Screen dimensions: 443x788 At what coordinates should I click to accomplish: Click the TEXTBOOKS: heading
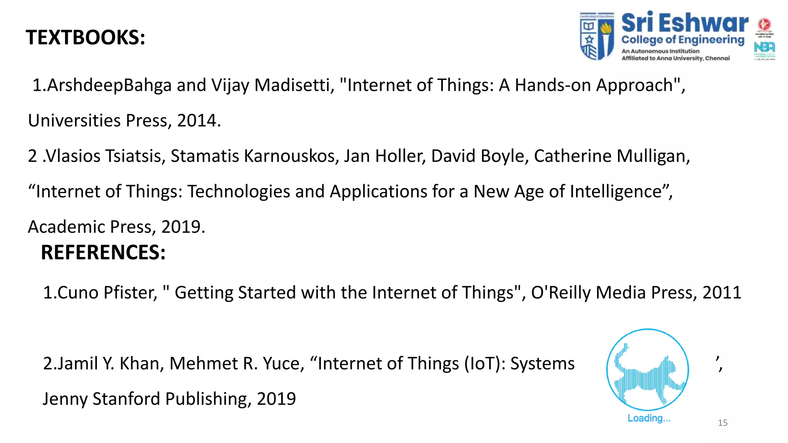[85, 38]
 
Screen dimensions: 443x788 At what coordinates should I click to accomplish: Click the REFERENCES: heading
[103, 253]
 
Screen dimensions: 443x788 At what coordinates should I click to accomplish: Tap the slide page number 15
[723, 423]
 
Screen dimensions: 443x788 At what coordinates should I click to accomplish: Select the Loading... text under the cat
[649, 418]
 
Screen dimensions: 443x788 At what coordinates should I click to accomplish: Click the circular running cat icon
[648, 370]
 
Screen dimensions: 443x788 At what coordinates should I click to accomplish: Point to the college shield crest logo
[597, 36]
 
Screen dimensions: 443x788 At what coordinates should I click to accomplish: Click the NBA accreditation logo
[764, 48]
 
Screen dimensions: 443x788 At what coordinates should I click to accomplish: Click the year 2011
[722, 293]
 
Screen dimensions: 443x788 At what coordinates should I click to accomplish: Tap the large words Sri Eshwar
[684, 23]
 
